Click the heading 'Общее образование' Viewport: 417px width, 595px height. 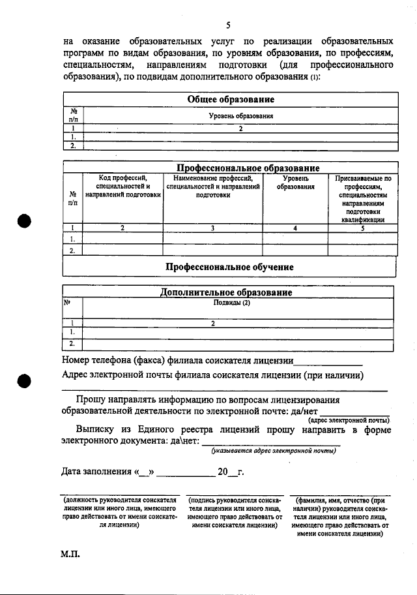230,99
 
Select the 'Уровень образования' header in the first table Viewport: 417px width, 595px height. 240,115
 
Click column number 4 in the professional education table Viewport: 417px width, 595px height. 295,228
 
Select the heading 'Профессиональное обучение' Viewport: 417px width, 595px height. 229,267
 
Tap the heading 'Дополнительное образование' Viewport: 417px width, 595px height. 226,293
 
